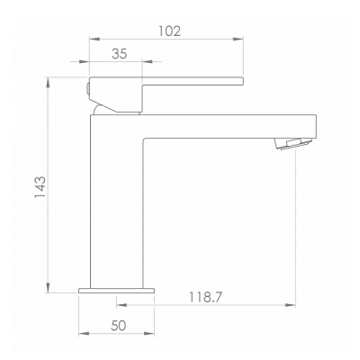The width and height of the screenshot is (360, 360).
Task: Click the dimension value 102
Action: pyautogui.click(x=169, y=31)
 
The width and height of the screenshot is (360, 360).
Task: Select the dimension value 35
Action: pyautogui.click(x=119, y=54)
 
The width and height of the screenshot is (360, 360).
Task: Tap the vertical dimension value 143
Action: pyautogui.click(x=40, y=187)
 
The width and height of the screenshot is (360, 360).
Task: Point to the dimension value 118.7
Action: pyautogui.click(x=205, y=297)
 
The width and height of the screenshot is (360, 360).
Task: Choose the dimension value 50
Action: pyautogui.click(x=118, y=326)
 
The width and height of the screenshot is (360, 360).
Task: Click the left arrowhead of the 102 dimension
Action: pyautogui.click(x=94, y=39)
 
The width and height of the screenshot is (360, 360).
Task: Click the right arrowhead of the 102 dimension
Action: pyautogui.click(x=238, y=39)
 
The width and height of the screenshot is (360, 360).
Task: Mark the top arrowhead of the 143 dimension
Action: pyautogui.click(x=48, y=82)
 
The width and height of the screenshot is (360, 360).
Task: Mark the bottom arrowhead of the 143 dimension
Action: pyautogui.click(x=48, y=288)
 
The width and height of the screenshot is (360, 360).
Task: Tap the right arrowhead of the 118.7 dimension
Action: pyautogui.click(x=291, y=305)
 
